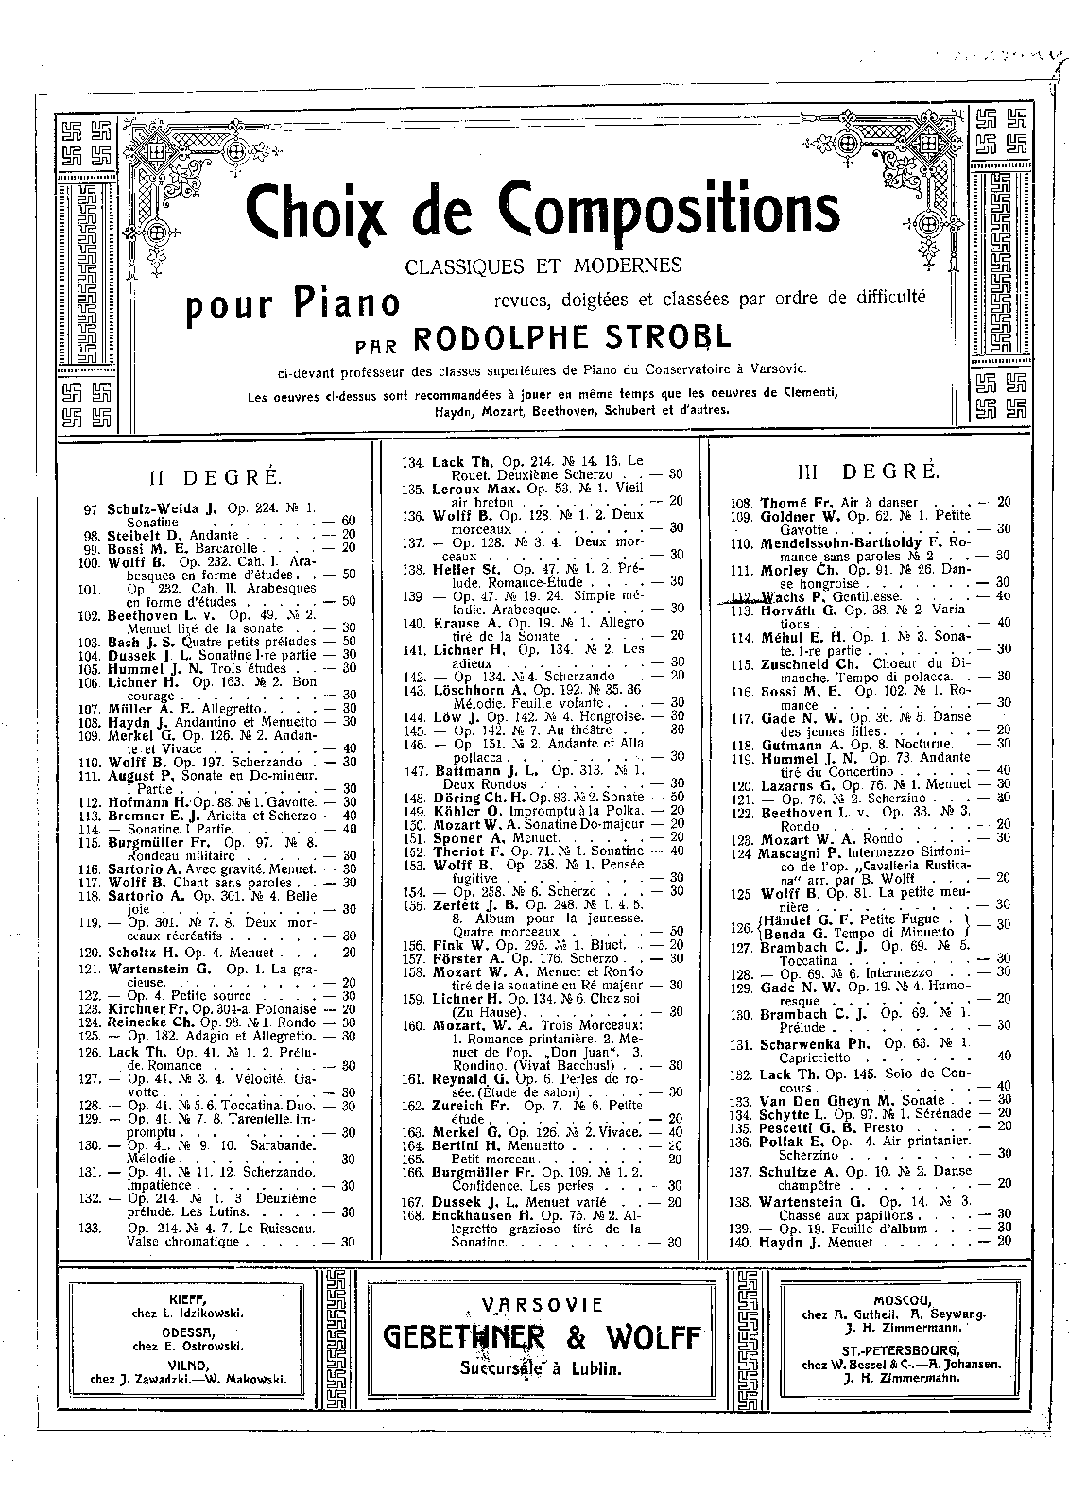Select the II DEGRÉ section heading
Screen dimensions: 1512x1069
[x=208, y=476]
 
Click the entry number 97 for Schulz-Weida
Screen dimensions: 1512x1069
[x=91, y=508]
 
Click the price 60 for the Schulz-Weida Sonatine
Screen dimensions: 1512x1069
[x=348, y=522]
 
